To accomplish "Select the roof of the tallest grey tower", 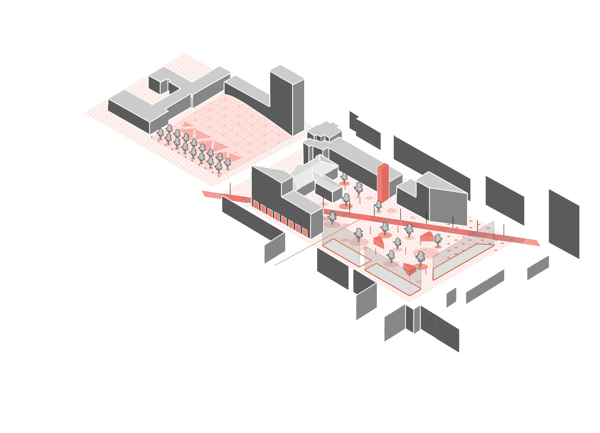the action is (x=287, y=74).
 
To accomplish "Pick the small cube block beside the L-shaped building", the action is (x=158, y=83).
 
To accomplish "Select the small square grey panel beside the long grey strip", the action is (x=451, y=297).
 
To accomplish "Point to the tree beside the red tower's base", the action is (x=378, y=206).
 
